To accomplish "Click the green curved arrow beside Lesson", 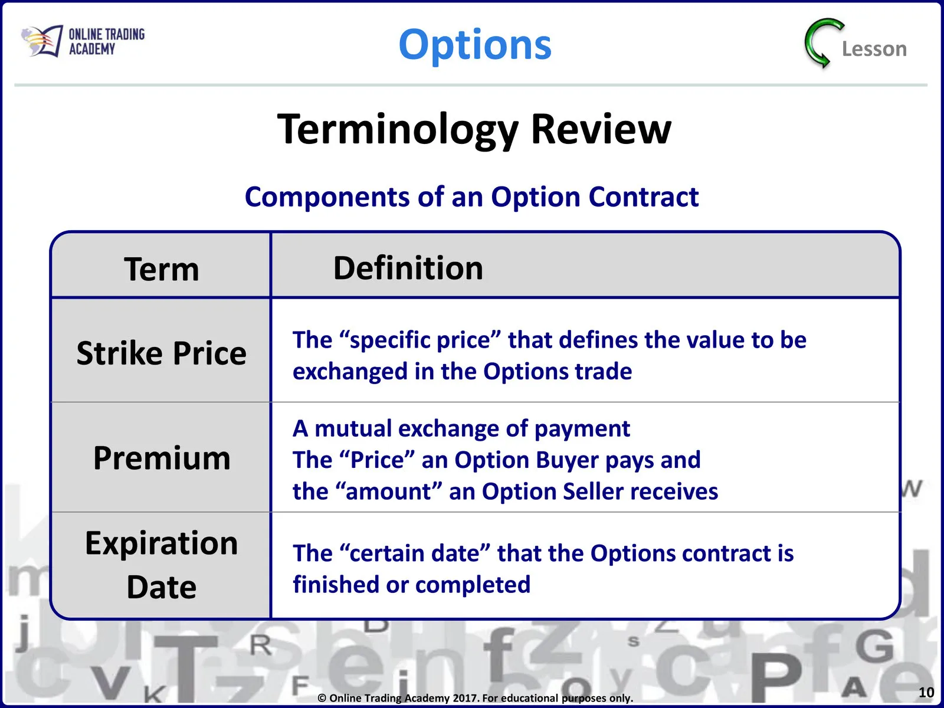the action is (822, 44).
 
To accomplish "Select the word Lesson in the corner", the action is (874, 49).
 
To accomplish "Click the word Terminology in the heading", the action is (398, 130).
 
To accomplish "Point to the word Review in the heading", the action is (601, 129).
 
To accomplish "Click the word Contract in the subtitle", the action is (643, 197).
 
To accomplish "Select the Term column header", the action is (162, 269).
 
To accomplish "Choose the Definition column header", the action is (408, 268).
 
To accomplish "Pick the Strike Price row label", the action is (161, 353).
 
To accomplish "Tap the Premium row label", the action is (162, 458).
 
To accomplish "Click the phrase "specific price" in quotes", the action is (420, 340).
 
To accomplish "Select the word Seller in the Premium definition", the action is (593, 491).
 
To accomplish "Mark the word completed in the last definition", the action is (473, 585).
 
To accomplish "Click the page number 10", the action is (926, 692).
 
